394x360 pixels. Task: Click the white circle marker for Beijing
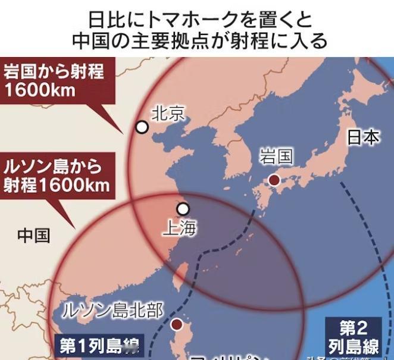pos(142,127)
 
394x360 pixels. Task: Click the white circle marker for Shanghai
pos(183,209)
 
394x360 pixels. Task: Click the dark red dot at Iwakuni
pos(274,180)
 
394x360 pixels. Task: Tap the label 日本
pos(362,137)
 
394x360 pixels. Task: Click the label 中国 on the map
pos(33,235)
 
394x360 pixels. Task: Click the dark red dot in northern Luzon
pos(177,324)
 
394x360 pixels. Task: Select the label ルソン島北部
pos(112,311)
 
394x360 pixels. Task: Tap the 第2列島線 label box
pos(354,337)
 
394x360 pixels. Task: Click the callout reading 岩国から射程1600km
pos(54,81)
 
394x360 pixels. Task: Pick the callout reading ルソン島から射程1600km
pos(56,174)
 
